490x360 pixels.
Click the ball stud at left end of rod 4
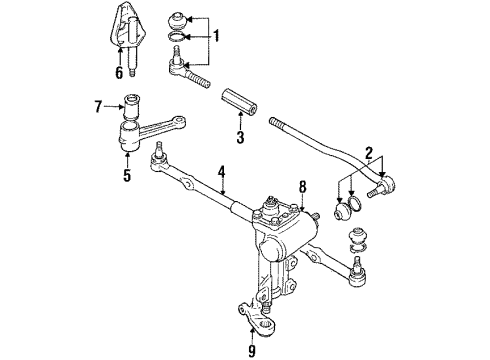(158, 156)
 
